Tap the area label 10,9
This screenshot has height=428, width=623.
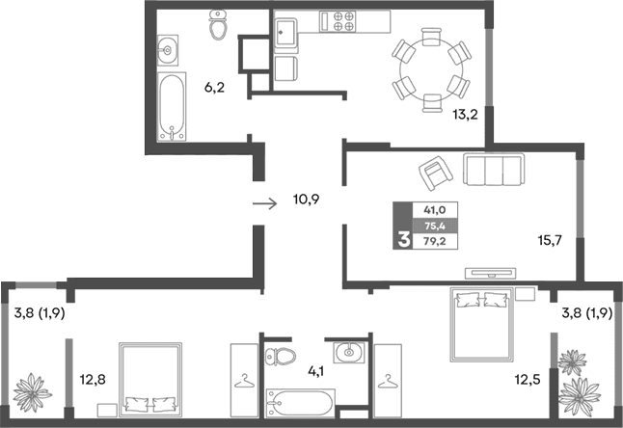pyautogui.click(x=307, y=201)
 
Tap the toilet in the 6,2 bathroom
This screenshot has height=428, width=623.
pyautogui.click(x=217, y=28)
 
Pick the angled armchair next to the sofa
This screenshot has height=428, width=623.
pyautogui.click(x=435, y=175)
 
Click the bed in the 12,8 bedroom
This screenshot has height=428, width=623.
pyautogui.click(x=149, y=379)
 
